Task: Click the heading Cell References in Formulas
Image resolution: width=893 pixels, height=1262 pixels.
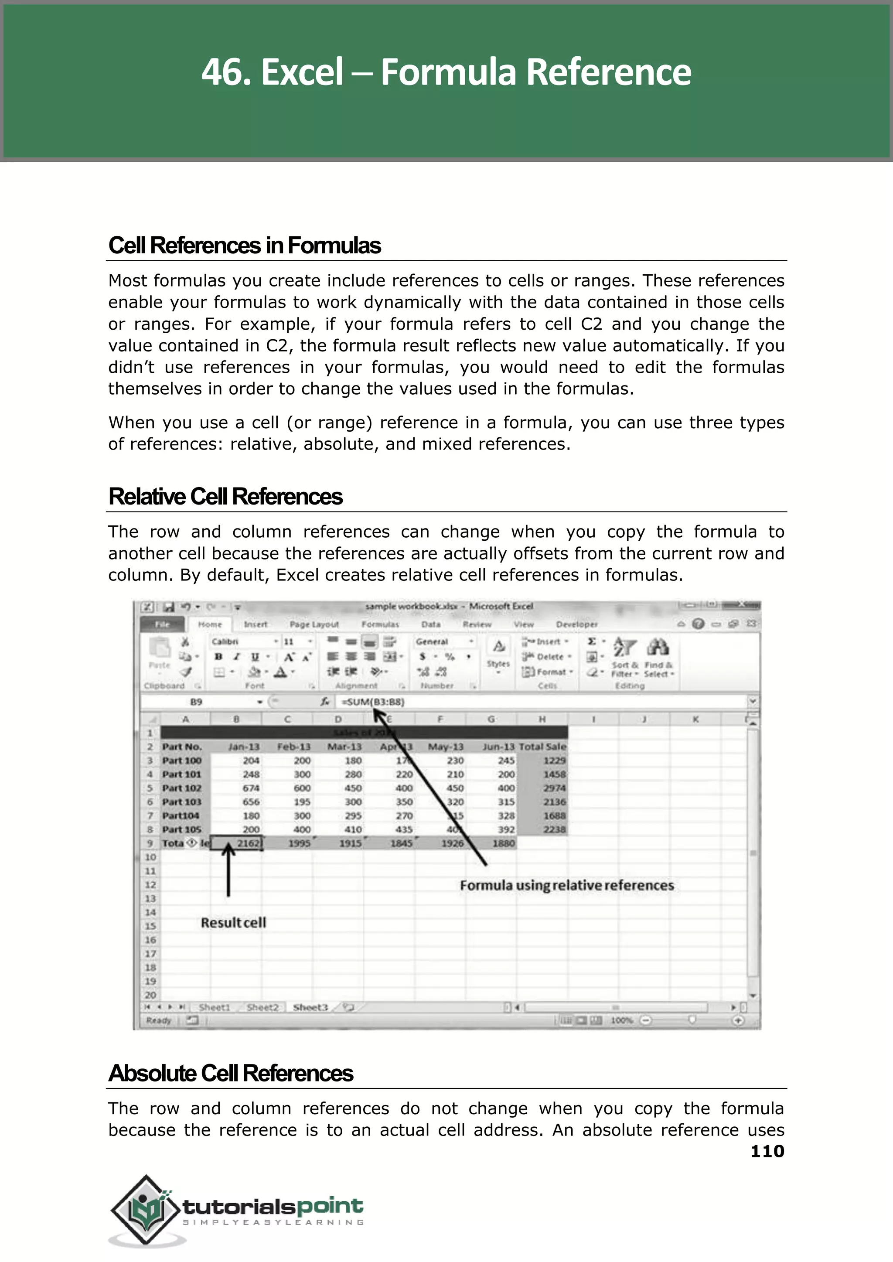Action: [x=244, y=246]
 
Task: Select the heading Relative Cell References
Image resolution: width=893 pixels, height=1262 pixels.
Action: [x=225, y=497]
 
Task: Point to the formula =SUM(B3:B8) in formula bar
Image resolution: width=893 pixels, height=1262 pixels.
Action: [x=373, y=702]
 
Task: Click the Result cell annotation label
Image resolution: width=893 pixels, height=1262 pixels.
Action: [x=233, y=922]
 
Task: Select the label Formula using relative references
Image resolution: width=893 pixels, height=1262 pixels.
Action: [x=566, y=885]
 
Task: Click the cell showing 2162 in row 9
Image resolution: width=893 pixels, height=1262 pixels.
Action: [x=238, y=843]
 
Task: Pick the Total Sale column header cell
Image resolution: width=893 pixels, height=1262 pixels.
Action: [x=542, y=747]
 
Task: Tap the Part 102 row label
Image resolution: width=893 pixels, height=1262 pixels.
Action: [x=182, y=788]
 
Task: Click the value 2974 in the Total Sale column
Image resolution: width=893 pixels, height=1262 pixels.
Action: [x=554, y=788]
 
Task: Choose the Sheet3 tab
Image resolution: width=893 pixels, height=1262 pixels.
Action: [x=310, y=1007]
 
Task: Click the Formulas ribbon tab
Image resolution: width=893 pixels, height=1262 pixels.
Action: [x=380, y=624]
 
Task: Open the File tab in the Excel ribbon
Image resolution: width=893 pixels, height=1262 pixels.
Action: [x=163, y=624]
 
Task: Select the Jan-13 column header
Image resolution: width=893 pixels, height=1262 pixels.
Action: [x=244, y=747]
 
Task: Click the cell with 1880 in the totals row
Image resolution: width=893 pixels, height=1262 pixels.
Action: [x=503, y=843]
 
